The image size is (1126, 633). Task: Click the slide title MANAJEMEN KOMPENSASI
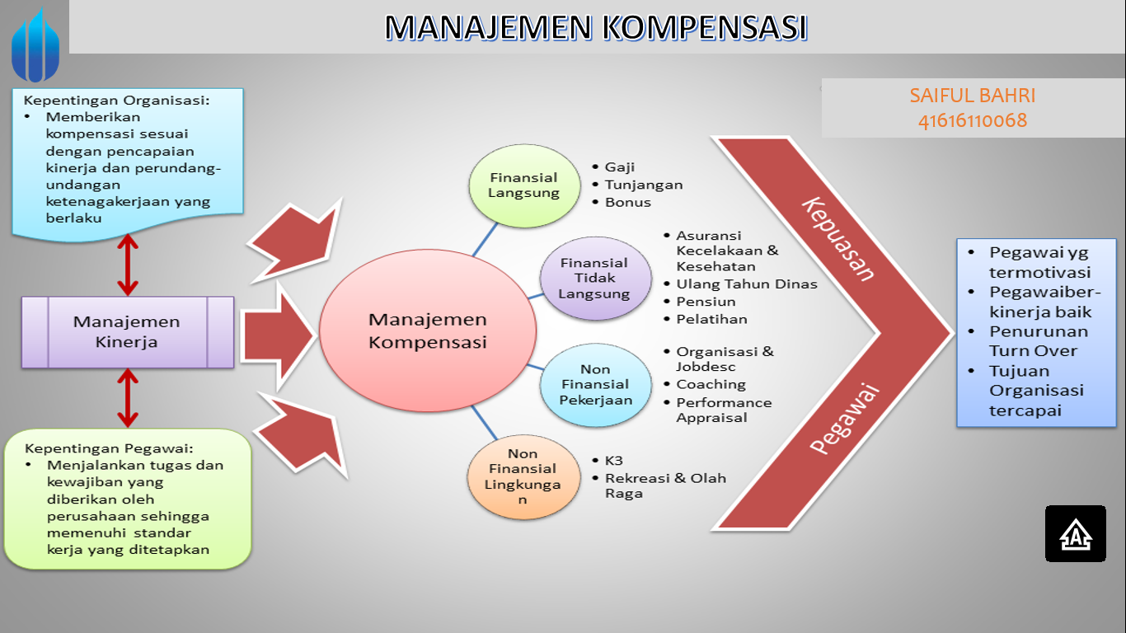(595, 27)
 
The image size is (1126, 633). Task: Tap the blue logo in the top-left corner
(35, 45)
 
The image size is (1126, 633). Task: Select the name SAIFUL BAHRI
(973, 96)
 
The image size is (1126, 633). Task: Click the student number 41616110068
(973, 121)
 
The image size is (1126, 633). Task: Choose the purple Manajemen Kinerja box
(127, 332)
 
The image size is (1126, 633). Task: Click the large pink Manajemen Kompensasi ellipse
(427, 331)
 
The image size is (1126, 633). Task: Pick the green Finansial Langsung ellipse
(523, 185)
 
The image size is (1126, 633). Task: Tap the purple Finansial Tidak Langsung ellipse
(593, 278)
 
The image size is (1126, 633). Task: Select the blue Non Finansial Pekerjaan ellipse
(595, 385)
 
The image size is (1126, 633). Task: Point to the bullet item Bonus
(628, 203)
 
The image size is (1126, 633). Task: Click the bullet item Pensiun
(706, 302)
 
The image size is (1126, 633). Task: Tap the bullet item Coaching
(711, 385)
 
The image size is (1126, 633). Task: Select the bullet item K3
(614, 461)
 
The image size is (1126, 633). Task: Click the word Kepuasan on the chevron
(838, 239)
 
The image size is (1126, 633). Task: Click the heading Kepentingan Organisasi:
(116, 101)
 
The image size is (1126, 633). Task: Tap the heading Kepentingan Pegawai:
(109, 449)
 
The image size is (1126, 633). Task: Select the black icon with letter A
(1075, 534)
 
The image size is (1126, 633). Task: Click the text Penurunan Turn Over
(1039, 341)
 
